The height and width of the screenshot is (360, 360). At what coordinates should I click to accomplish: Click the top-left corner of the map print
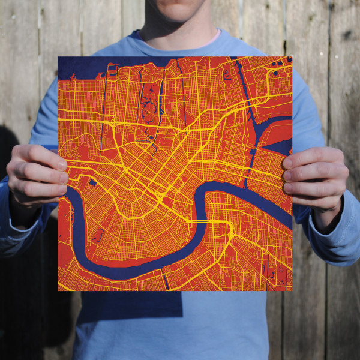click(59, 58)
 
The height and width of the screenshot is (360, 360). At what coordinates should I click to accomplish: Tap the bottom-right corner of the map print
click(292, 290)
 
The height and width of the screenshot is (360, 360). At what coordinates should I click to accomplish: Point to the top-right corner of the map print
click(292, 57)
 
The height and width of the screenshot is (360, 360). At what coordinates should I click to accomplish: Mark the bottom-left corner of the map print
click(58, 291)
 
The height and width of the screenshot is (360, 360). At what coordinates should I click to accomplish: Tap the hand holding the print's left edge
click(37, 177)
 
